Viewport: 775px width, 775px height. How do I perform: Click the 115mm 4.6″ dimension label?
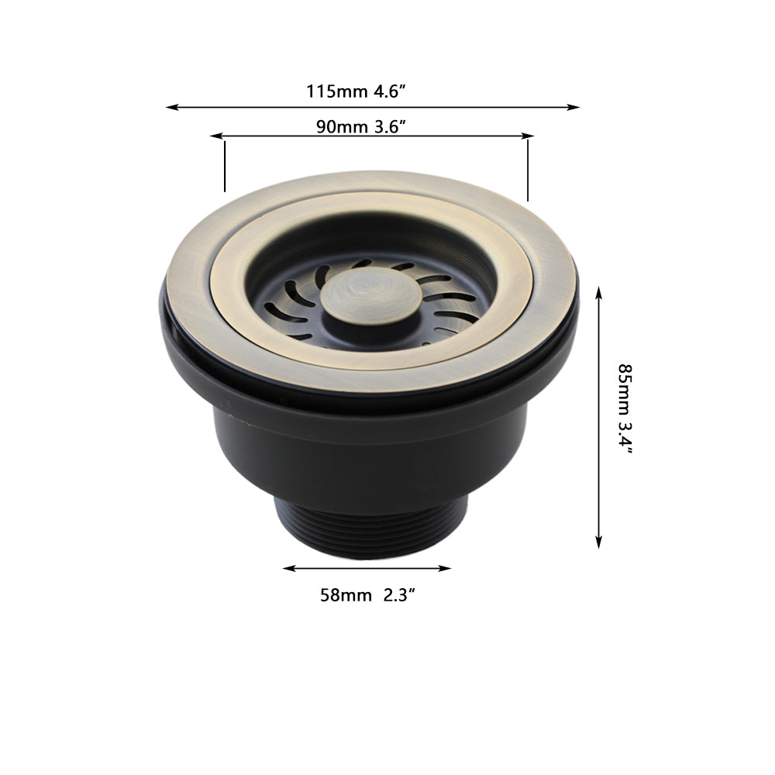click(x=356, y=91)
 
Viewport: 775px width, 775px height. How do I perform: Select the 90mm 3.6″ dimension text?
click(x=361, y=127)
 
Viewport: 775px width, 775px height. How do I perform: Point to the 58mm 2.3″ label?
click(x=367, y=595)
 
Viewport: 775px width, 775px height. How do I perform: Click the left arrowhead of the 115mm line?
click(x=171, y=107)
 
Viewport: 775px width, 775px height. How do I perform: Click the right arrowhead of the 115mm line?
click(x=573, y=107)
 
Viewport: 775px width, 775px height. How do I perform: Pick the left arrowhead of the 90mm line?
click(x=216, y=136)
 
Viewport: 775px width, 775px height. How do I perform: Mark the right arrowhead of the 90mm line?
click(x=528, y=136)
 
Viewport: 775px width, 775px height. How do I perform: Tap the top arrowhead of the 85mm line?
click(x=598, y=293)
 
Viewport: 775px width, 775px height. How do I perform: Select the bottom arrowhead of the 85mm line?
click(x=598, y=542)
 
